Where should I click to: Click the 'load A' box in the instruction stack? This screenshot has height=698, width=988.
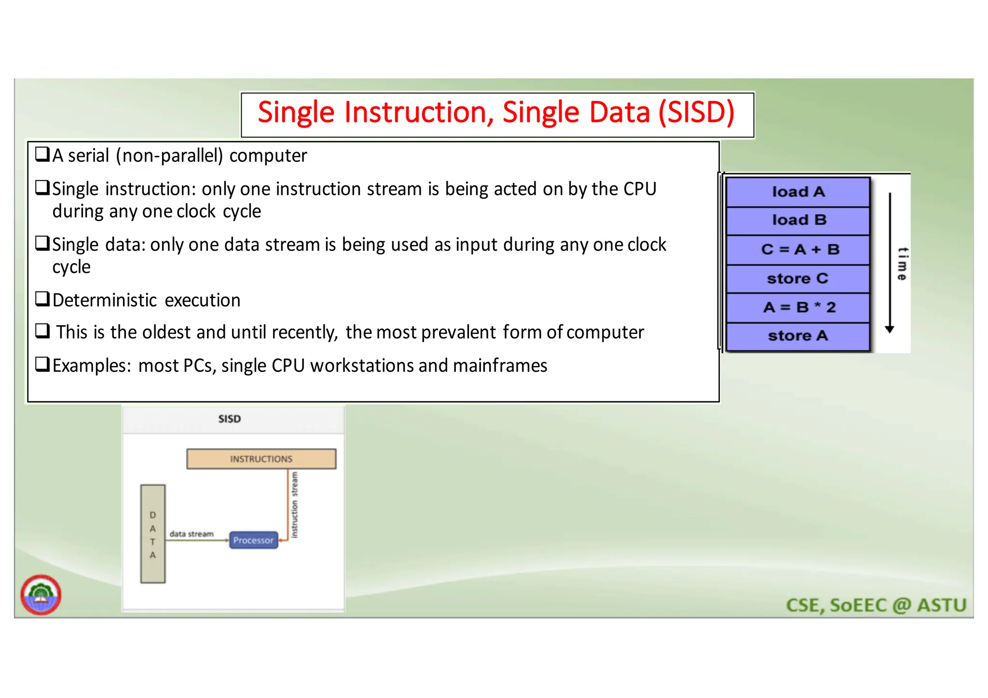[x=798, y=192]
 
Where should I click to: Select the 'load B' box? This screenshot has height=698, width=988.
[x=798, y=220]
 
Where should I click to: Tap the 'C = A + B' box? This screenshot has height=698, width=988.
[x=798, y=249]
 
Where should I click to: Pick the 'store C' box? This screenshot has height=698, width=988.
[x=798, y=278]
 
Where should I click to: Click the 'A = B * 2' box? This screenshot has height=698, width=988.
[x=798, y=307]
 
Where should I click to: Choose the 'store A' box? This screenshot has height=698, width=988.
[x=798, y=336]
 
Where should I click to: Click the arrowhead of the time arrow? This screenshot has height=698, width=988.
[x=890, y=329]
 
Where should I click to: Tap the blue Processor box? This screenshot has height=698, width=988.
[x=253, y=540]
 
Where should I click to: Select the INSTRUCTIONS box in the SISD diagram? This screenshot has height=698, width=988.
[x=261, y=459]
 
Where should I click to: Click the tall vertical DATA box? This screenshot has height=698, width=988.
[x=153, y=534]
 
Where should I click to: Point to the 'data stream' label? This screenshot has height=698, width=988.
[x=192, y=534]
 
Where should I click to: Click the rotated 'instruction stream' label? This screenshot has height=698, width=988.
[x=295, y=505]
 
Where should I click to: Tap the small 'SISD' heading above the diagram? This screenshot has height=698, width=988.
[x=230, y=419]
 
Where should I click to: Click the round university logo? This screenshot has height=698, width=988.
[x=41, y=595]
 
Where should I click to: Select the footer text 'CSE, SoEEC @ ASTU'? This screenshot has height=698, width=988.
[x=876, y=605]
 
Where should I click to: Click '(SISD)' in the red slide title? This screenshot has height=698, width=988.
[x=696, y=112]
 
